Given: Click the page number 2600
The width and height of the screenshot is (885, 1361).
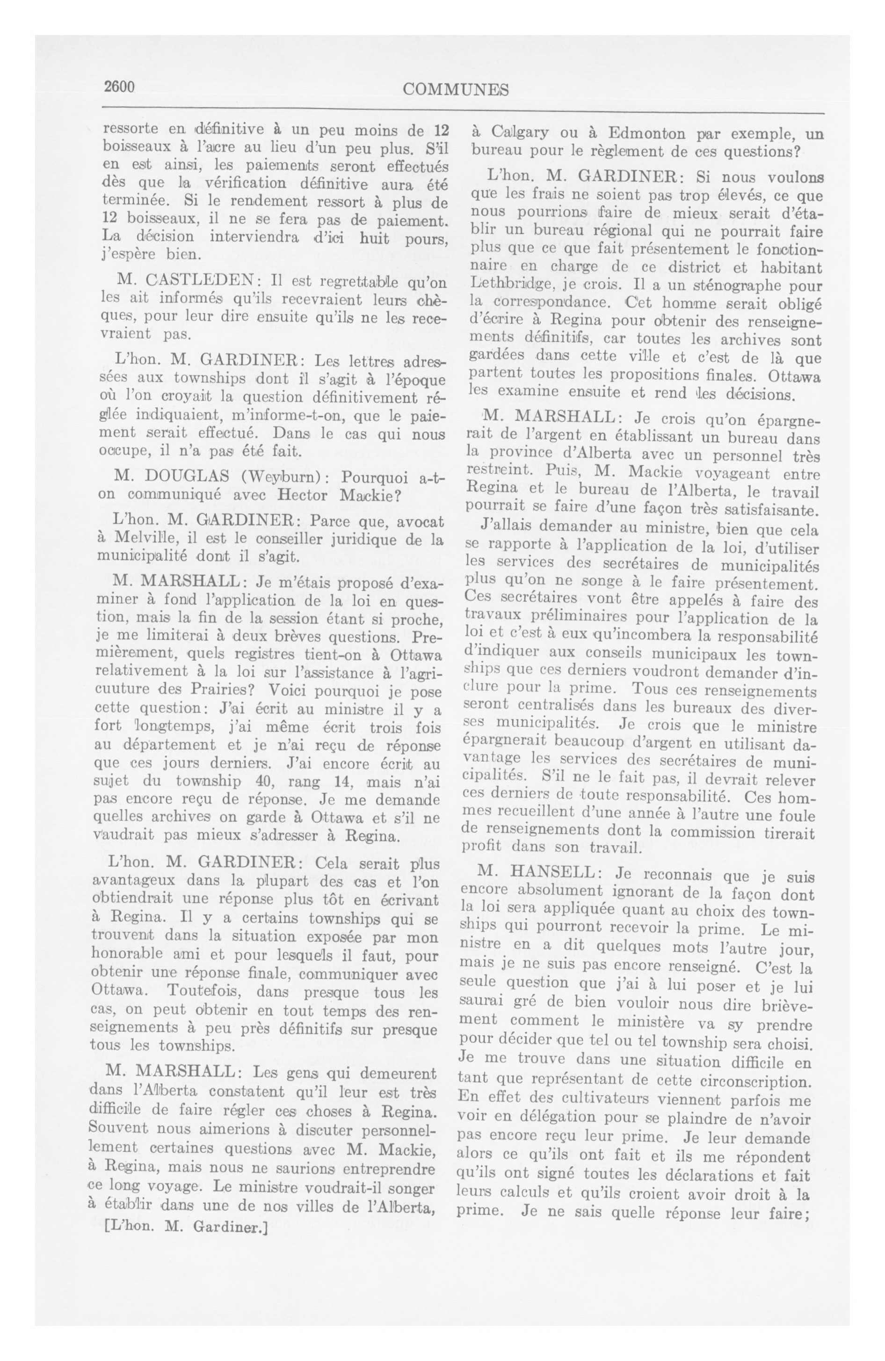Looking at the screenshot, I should pyautogui.click(x=119, y=87).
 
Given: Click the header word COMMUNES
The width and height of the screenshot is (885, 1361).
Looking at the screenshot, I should pyautogui.click(x=456, y=89).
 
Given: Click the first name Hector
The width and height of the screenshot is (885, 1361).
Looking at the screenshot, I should pyautogui.click(x=305, y=495).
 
